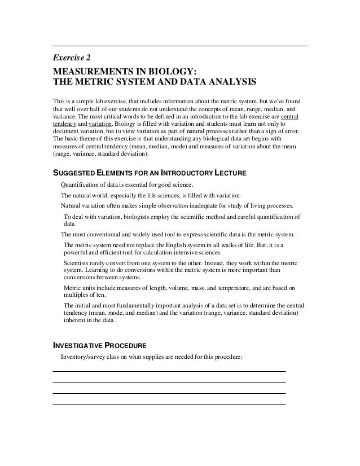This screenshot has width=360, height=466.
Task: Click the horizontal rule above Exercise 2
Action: [x=179, y=45]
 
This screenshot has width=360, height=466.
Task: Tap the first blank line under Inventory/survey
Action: [x=169, y=371]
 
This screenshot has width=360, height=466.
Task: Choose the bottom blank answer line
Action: [x=169, y=403]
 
